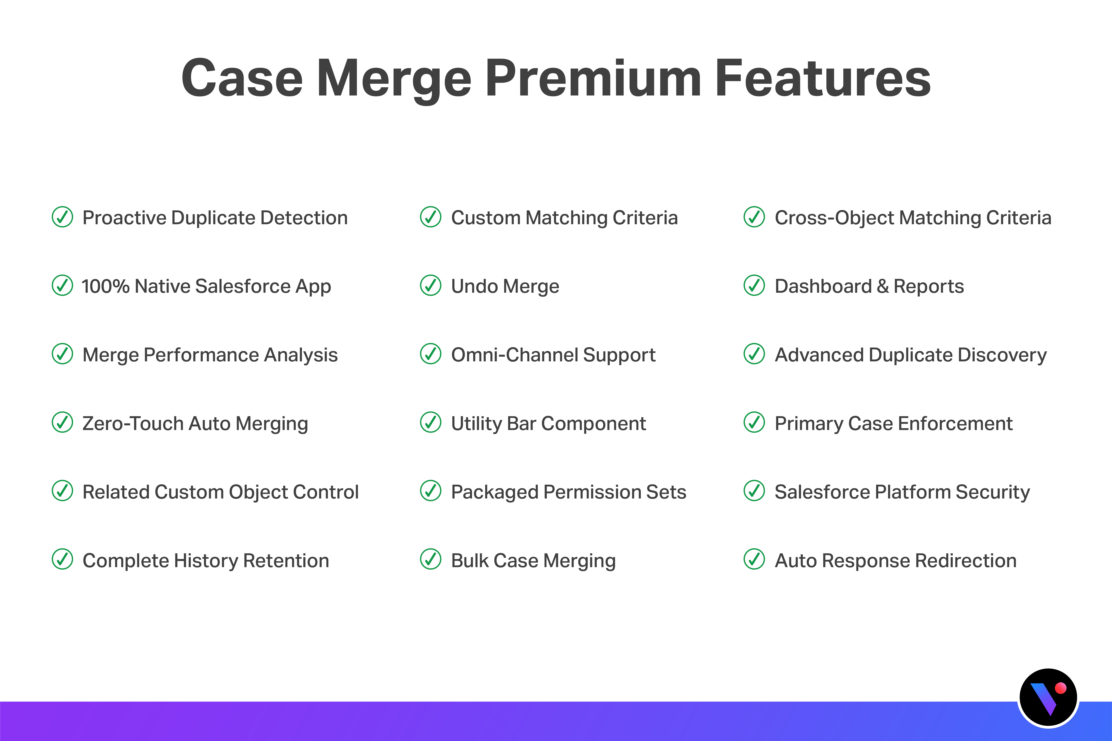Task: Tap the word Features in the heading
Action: (823, 79)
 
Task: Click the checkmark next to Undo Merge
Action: (431, 285)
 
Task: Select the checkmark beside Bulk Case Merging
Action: (431, 560)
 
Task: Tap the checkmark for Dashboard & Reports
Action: (754, 285)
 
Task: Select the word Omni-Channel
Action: (514, 355)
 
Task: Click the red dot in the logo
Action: (1060, 688)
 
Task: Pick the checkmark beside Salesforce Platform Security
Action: (754, 491)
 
